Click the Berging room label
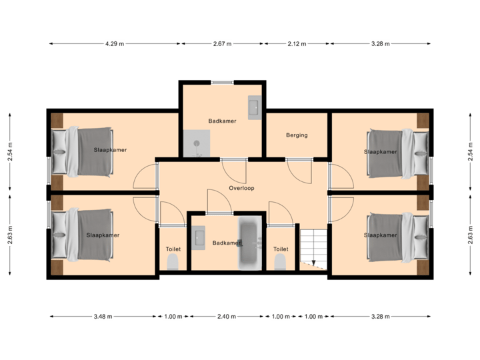point(297,135)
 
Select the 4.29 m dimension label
point(114,44)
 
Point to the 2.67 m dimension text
point(223,44)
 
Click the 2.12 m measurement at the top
point(297,44)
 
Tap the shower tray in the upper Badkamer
point(198,143)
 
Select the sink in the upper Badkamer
point(254,107)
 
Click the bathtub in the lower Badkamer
point(251,243)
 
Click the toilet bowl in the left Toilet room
point(173,263)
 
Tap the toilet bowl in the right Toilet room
point(281,261)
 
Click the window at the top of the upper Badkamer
point(222,82)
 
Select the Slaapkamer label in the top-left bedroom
point(110,151)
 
